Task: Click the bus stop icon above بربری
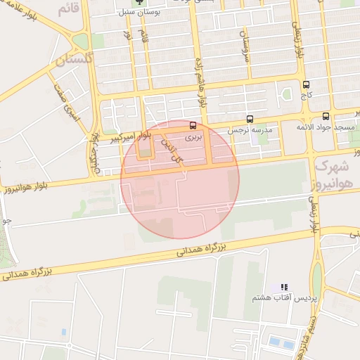click(x=193, y=124)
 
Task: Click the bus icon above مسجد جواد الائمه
click(x=325, y=117)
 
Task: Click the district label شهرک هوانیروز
click(x=333, y=175)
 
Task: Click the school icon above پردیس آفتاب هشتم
click(x=284, y=288)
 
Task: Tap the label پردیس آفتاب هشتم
click(x=278, y=298)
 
